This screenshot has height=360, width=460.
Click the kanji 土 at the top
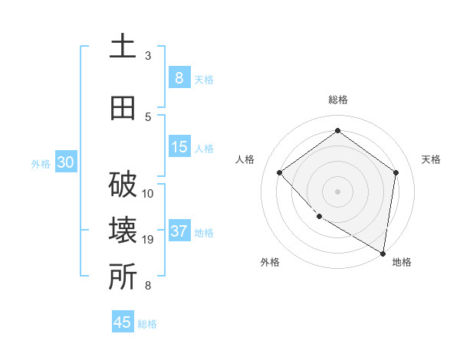pyautogui.click(x=123, y=47)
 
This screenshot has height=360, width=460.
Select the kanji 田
pyautogui.click(x=123, y=108)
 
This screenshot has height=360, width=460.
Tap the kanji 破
pyautogui.click(x=123, y=185)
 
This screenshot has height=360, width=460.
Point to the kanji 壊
pyautogui.click(x=123, y=231)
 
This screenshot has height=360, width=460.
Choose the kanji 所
pyautogui.click(x=123, y=277)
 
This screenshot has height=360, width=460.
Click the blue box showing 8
pyautogui.click(x=179, y=78)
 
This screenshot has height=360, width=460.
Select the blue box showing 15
pyautogui.click(x=179, y=147)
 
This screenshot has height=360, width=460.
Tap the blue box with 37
pyautogui.click(x=179, y=231)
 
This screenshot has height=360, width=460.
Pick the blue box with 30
pyautogui.click(x=65, y=162)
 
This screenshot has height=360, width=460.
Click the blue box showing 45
pyautogui.click(x=123, y=322)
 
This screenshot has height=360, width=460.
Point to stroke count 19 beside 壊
pyautogui.click(x=149, y=240)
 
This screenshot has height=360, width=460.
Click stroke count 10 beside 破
pyautogui.click(x=149, y=193)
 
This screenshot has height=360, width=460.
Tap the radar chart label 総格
pyautogui.click(x=337, y=100)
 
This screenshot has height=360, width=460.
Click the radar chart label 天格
pyautogui.click(x=431, y=159)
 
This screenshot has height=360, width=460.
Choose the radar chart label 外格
pyautogui.click(x=270, y=262)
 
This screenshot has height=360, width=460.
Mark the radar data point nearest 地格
pyautogui.click(x=383, y=252)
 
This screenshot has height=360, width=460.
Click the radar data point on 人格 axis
pyautogui.click(x=280, y=173)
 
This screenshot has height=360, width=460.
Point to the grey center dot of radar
pyautogui.click(x=337, y=191)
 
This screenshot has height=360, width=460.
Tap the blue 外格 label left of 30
pyautogui.click(x=40, y=163)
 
